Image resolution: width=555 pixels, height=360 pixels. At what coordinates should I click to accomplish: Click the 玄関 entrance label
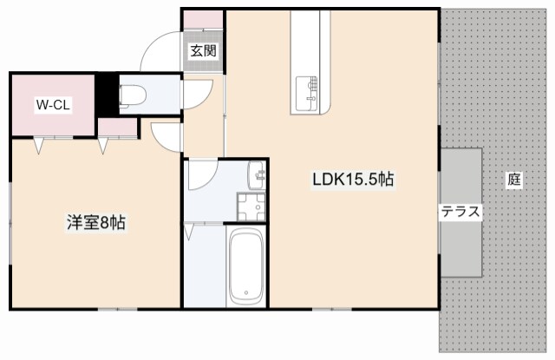click(203, 51)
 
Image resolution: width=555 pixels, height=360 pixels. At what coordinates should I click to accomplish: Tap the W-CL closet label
click(53, 105)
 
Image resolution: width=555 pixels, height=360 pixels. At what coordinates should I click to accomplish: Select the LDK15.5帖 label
click(353, 179)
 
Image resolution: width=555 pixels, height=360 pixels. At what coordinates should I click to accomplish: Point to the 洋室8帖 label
click(96, 223)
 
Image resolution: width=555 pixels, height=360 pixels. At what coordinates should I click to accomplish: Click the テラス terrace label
click(460, 212)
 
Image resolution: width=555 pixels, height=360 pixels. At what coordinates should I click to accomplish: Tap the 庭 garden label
click(514, 180)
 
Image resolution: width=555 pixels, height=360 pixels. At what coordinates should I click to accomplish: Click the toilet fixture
click(133, 95)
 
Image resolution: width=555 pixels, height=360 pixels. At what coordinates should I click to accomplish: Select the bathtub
click(246, 266)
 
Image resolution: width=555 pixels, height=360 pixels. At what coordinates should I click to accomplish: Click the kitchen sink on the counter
click(306, 94)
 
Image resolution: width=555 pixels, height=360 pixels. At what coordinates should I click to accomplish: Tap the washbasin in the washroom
click(257, 175)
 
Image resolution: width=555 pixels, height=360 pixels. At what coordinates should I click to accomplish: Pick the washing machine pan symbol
click(251, 207)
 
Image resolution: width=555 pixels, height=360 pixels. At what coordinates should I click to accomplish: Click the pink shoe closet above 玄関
click(203, 19)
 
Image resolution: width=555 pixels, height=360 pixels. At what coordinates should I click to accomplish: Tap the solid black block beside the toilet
click(108, 95)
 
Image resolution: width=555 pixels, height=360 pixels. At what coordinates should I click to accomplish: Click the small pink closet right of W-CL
click(118, 127)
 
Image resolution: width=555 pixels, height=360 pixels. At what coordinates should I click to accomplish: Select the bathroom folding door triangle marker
click(188, 232)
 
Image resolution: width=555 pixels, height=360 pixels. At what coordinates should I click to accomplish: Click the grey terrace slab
click(461, 212)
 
